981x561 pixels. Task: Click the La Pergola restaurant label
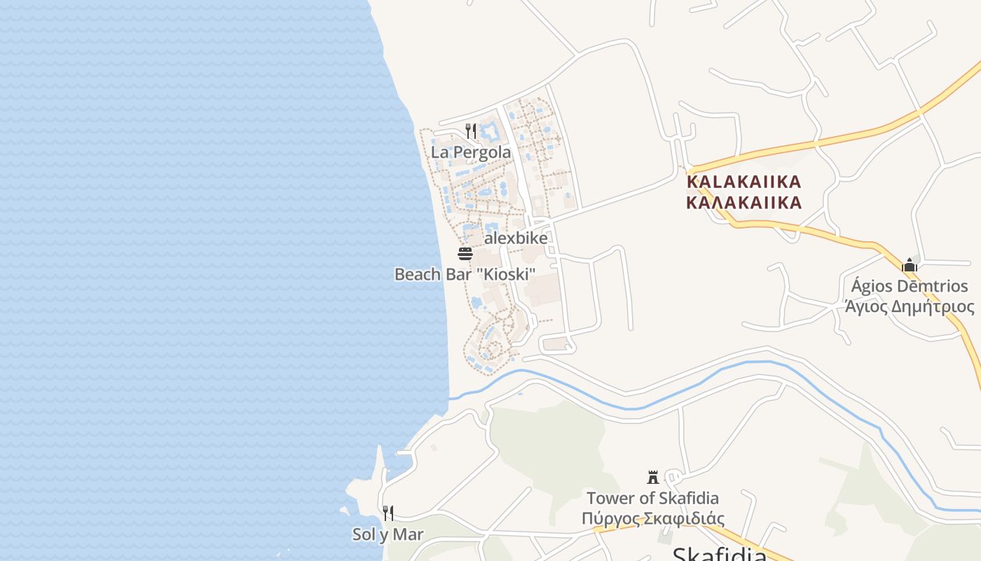[470, 152]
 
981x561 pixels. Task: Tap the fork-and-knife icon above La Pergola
[471, 131]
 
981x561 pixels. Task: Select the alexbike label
[516, 238]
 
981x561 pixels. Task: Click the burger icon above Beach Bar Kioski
[465, 254]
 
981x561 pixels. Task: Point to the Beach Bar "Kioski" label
[465, 274]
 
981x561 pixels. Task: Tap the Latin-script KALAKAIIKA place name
[743, 182]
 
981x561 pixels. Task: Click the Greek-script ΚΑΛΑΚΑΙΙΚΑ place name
[743, 203]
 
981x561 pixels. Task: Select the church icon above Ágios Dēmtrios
[910, 265]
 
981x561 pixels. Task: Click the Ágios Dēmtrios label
[910, 286]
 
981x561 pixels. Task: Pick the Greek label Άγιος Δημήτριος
[910, 306]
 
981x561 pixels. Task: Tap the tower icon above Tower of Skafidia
[653, 478]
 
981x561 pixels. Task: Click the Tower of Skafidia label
[652, 499]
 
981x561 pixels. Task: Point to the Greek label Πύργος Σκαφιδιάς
[652, 519]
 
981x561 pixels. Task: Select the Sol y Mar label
[387, 534]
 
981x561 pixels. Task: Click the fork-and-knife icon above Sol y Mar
[387, 513]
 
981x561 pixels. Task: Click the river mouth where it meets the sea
[451, 398]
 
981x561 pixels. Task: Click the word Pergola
[481, 152]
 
